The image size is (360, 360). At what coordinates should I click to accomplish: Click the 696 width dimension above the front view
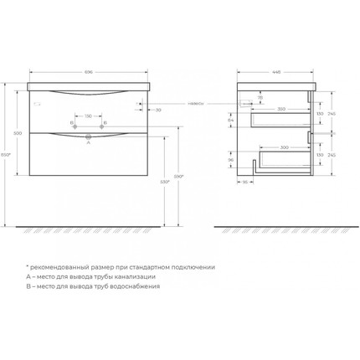[88, 73]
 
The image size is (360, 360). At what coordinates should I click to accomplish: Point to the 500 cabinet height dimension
[19, 134]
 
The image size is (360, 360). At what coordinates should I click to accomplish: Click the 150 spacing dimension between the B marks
[88, 116]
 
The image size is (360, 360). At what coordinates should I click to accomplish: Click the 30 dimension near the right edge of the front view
[157, 108]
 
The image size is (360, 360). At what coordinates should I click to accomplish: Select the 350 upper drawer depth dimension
[282, 109]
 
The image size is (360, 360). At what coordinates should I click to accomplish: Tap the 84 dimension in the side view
[231, 121]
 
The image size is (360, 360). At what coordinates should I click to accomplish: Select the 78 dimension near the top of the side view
[260, 98]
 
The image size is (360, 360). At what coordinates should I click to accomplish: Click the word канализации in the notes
[136, 275]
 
